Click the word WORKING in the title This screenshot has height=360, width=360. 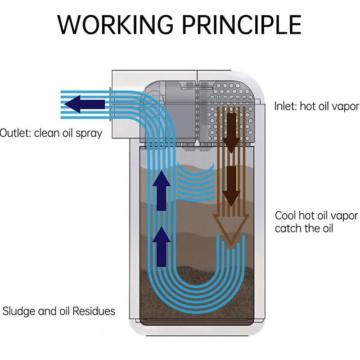pyautogui.click(x=115, y=25)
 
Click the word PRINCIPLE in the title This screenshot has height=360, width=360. pyautogui.click(x=242, y=25)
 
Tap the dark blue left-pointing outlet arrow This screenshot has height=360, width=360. pyautogui.click(x=85, y=104)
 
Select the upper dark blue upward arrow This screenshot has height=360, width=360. pyautogui.click(x=162, y=190)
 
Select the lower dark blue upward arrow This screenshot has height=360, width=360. pyautogui.click(x=162, y=247)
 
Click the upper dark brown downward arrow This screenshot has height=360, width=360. pyautogui.click(x=231, y=133)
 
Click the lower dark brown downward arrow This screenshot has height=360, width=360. pyautogui.click(x=231, y=186)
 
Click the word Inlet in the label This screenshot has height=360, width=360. pyautogui.click(x=285, y=106)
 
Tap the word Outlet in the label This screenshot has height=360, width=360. pyautogui.click(x=15, y=133)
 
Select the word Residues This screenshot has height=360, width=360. pyautogui.click(x=94, y=311)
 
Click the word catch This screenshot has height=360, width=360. pyautogui.click(x=288, y=229)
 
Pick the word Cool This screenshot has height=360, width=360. pyautogui.click(x=285, y=216)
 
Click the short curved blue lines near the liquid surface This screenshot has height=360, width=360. pyautogui.click(x=196, y=181)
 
